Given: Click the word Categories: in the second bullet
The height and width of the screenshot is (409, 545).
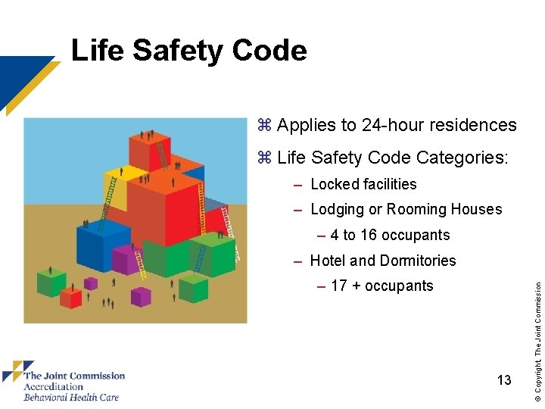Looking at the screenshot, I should [x=462, y=158].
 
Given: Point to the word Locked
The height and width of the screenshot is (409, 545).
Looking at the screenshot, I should [x=334, y=184].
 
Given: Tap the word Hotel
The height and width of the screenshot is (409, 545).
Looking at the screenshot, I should [x=328, y=261].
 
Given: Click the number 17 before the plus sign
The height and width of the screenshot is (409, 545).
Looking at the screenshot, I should [x=339, y=286].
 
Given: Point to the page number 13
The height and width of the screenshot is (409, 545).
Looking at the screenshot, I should [x=504, y=379].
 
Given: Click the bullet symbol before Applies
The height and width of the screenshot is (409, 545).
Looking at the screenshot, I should [x=264, y=125].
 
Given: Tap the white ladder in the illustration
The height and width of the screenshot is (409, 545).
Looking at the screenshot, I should [x=235, y=251].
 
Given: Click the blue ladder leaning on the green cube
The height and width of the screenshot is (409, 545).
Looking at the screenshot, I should [x=201, y=258].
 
